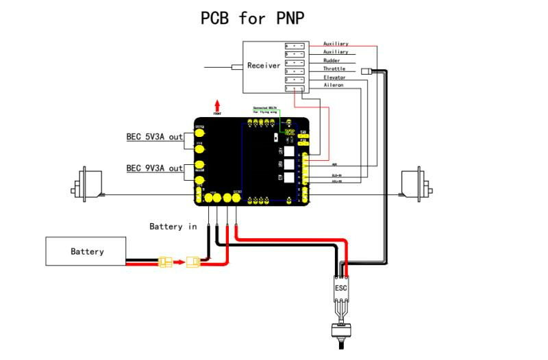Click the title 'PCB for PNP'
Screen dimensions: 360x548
tap(252, 18)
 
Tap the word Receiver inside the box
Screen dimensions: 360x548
tap(264, 66)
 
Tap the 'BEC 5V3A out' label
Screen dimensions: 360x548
tap(155, 137)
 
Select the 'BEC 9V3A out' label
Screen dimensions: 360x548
tap(155, 168)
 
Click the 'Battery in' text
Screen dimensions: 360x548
tap(173, 227)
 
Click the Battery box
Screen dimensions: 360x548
tap(86, 251)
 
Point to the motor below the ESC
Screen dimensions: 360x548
tap(341, 333)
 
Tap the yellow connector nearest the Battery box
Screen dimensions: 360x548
tap(164, 261)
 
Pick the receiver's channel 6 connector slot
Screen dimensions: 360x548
tap(295, 45)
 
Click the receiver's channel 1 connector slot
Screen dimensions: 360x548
tap(295, 88)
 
